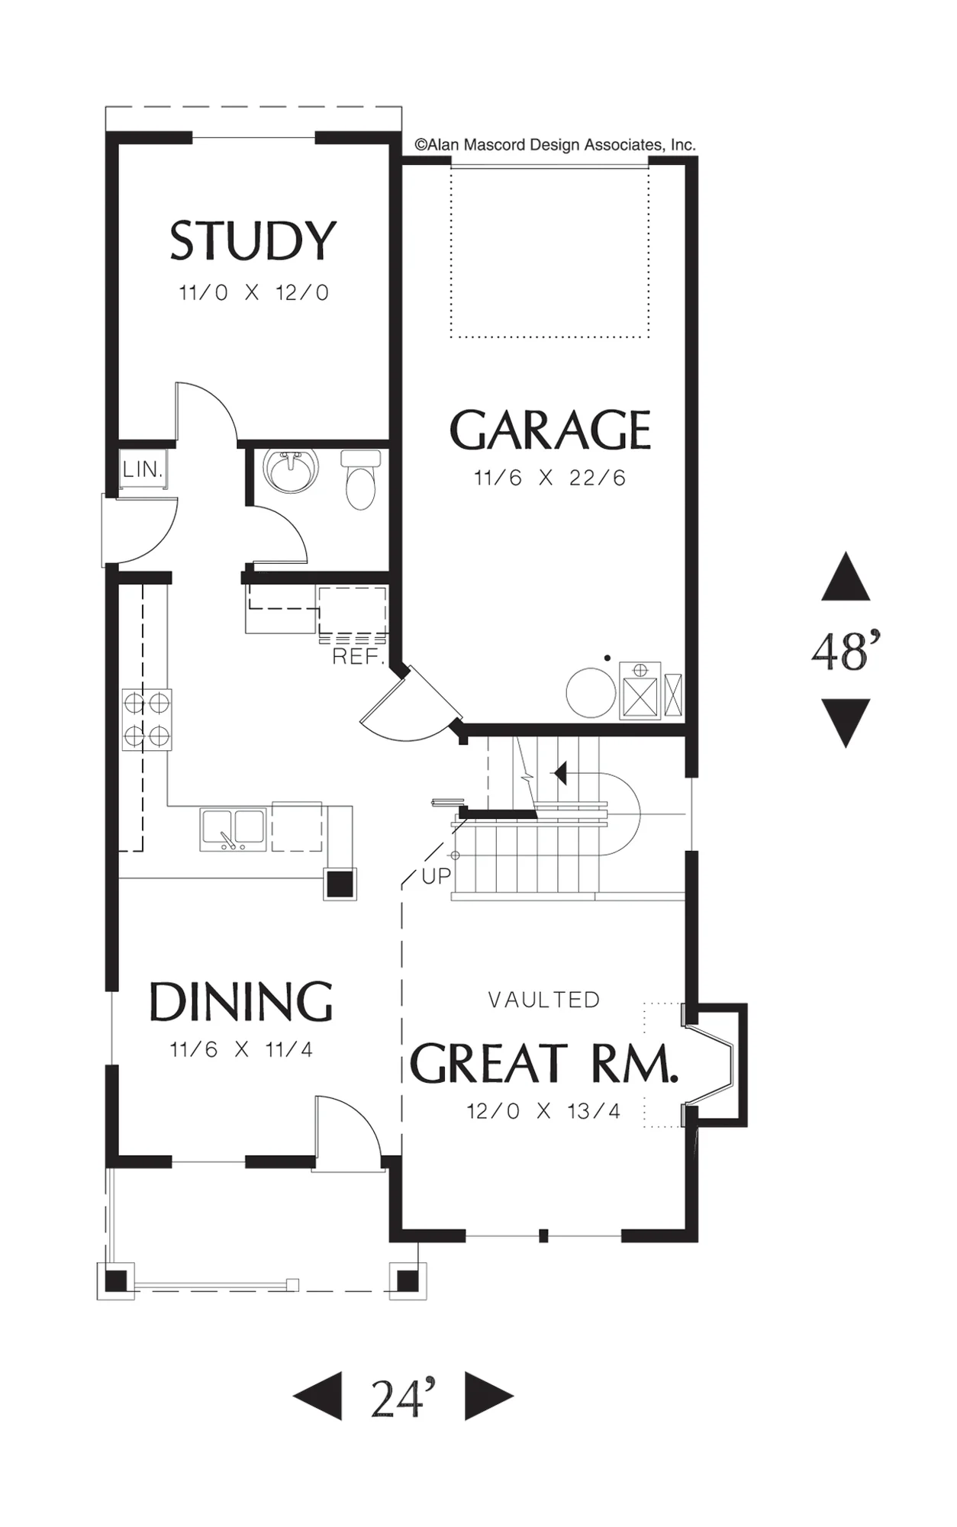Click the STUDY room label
click(253, 240)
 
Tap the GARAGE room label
click(550, 430)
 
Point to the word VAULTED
click(544, 1000)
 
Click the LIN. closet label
click(143, 469)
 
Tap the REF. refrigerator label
click(358, 656)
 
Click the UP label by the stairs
click(437, 876)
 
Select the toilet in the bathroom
click(360, 479)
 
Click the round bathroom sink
click(291, 469)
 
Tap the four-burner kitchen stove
click(147, 720)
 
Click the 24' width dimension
click(403, 1397)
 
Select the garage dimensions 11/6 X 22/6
click(549, 478)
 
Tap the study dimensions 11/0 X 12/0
click(253, 293)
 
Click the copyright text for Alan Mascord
click(555, 145)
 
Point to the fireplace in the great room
click(714, 1065)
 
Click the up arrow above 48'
click(846, 577)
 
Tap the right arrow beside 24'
click(488, 1397)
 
